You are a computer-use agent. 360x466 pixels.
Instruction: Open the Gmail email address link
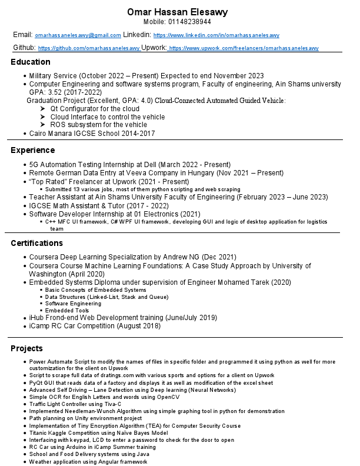(78, 36)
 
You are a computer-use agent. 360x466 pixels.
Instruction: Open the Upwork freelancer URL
(244, 48)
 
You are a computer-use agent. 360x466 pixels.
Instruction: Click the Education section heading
(30, 62)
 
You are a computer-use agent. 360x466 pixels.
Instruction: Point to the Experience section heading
(32, 150)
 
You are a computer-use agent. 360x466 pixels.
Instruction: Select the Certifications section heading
(36, 243)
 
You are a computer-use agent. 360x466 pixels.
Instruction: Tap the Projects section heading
(26, 349)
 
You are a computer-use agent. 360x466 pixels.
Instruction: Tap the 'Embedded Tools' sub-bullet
(67, 310)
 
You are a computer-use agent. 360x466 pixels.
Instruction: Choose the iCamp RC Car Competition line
(95, 326)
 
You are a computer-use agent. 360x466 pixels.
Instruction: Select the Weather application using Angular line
(88, 462)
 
